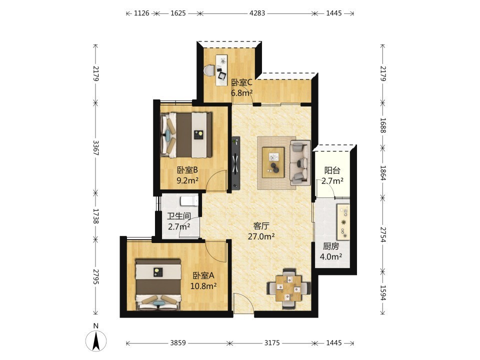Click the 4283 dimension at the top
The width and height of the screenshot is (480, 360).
tap(257, 13)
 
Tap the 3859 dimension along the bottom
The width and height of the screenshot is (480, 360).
tap(178, 342)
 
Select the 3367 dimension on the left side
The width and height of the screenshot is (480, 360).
tap(96, 148)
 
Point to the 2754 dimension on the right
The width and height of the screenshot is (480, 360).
tap(382, 234)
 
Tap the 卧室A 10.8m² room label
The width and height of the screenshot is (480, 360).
tap(203, 280)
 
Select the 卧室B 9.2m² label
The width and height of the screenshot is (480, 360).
tap(187, 175)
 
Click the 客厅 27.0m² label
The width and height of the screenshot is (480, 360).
tap(261, 231)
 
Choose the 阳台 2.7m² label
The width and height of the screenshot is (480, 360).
tap(332, 175)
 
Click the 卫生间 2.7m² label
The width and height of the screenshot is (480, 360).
tap(179, 221)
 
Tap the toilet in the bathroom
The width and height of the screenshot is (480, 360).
tap(189, 201)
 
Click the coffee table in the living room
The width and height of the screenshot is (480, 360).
tap(273, 162)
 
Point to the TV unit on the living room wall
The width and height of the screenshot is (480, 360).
tap(235, 163)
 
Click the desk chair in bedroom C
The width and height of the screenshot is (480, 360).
tap(209, 70)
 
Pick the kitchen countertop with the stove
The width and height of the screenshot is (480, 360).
tap(343, 221)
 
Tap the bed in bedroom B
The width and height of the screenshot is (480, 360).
tap(186, 135)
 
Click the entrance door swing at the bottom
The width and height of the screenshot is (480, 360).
tap(243, 303)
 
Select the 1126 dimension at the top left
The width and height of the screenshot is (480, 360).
tap(141, 13)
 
